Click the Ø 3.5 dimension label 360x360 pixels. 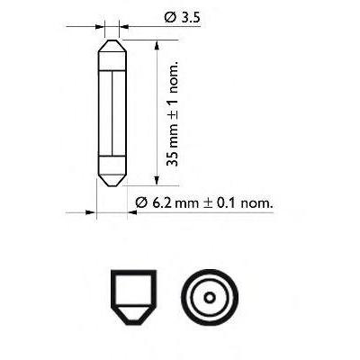tap(182, 18)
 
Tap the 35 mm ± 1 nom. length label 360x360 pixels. tap(173, 114)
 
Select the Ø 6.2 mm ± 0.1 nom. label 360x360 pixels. tap(204, 203)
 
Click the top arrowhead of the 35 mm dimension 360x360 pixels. tap(157, 45)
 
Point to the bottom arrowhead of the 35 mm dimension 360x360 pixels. tap(157, 181)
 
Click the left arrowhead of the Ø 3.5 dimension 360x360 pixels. tap(100, 27)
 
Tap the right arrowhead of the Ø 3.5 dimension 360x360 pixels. tap(124, 27)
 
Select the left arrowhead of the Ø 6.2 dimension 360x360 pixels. tap(91, 212)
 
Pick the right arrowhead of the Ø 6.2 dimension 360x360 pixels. tap(132, 212)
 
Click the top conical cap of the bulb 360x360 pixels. tap(112, 46)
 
